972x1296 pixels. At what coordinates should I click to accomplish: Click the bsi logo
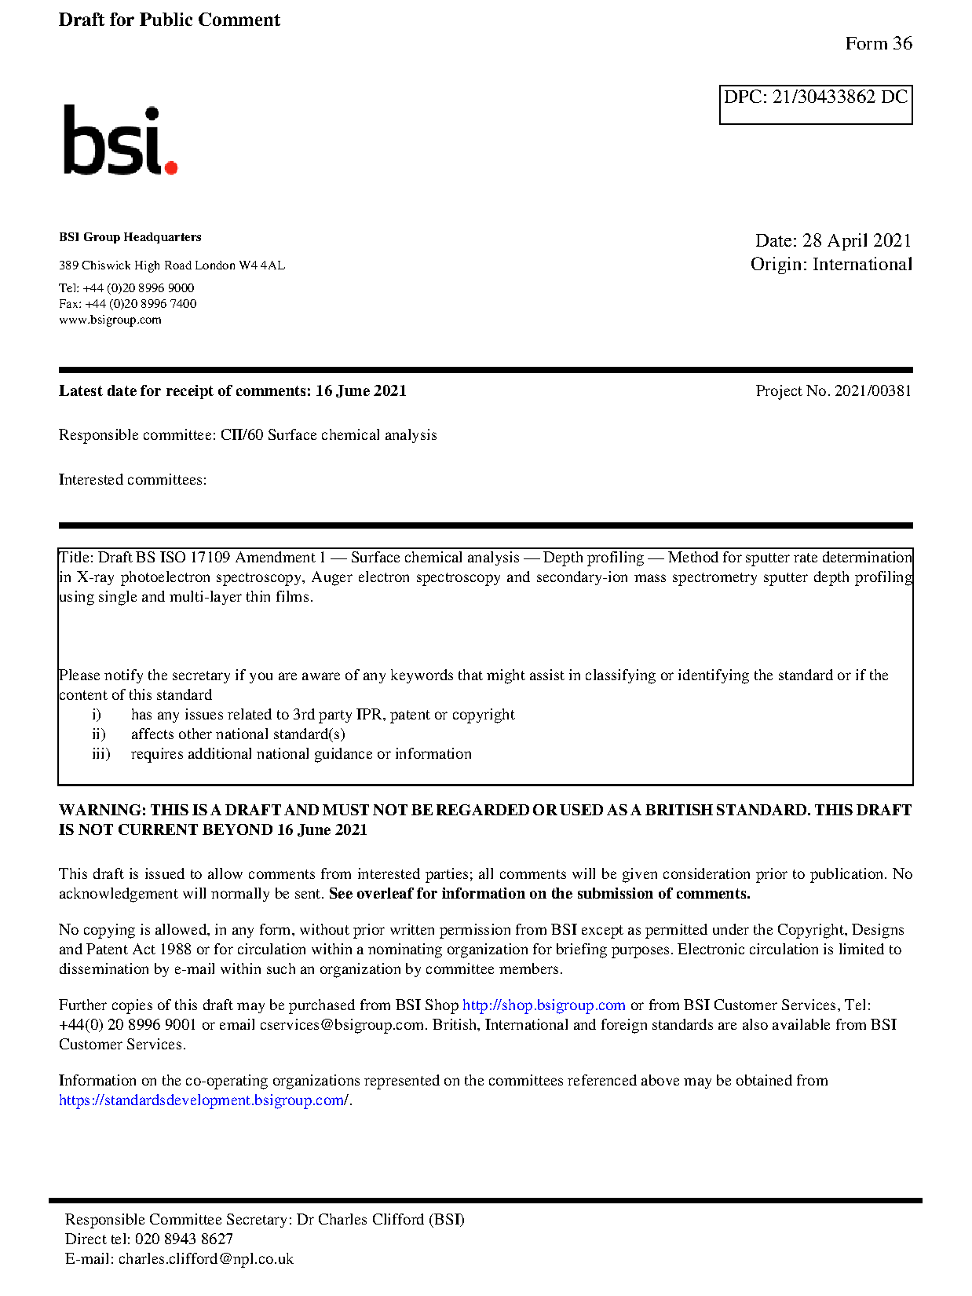[119, 141]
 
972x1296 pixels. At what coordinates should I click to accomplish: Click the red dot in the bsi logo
[170, 167]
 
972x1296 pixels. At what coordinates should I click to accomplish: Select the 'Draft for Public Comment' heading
[169, 20]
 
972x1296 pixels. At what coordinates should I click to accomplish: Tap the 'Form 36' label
[878, 43]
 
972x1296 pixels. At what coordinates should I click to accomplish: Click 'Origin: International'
[831, 264]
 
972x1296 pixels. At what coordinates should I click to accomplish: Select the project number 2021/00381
[872, 390]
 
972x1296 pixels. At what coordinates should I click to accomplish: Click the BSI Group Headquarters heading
[130, 237]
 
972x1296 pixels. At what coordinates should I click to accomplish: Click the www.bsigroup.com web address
[110, 320]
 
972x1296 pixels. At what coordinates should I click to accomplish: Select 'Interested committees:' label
[133, 480]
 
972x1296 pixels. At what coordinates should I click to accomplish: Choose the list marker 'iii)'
[100, 754]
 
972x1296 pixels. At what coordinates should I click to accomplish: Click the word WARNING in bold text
[102, 810]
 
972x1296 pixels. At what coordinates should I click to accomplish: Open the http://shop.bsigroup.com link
[543, 1005]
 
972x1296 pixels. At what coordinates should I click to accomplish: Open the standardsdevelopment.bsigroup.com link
[203, 1100]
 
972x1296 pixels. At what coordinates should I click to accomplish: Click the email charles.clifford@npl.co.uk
[206, 1259]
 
